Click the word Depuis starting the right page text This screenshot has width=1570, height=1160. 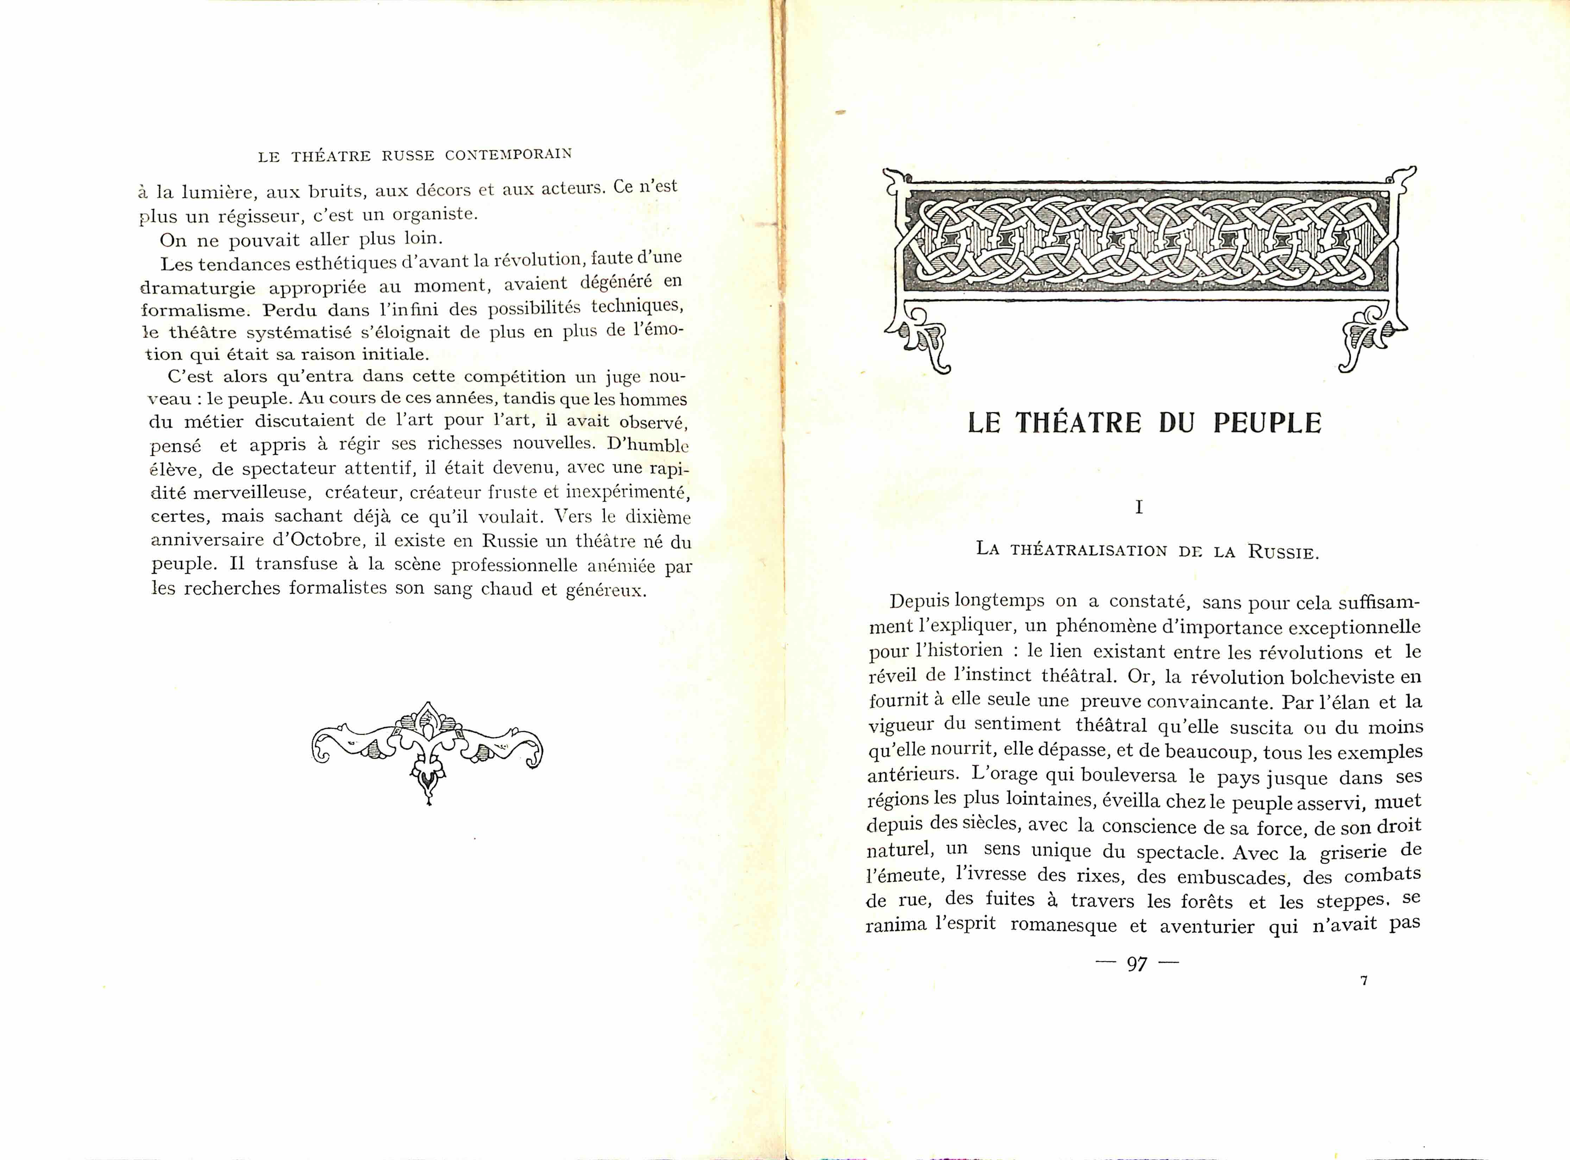pyautogui.click(x=920, y=602)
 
